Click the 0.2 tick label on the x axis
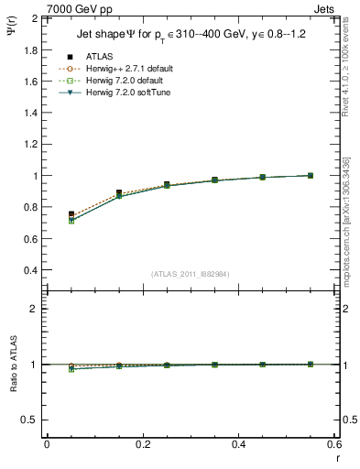[142, 444]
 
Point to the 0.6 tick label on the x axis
[334, 444]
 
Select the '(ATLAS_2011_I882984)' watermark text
[190, 273]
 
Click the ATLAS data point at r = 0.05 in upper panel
[71, 214]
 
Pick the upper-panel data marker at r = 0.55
[311, 176]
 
